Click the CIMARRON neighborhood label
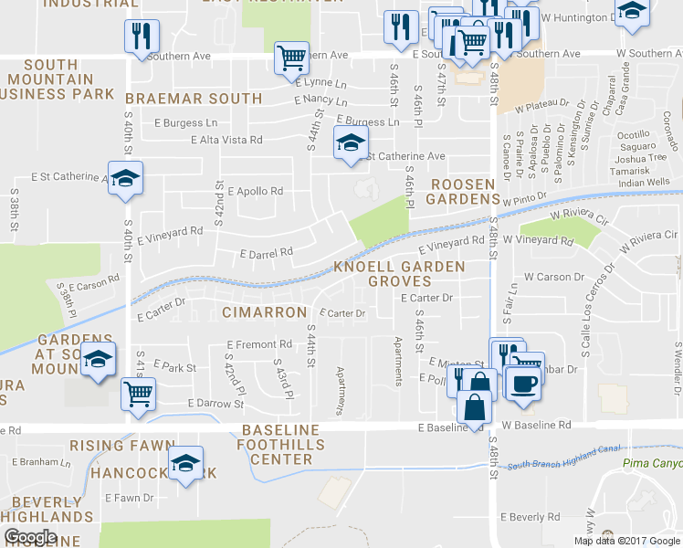tap(264, 312)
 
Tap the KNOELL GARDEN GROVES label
tap(399, 273)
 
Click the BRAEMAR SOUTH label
tap(194, 98)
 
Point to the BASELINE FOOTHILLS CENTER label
tap(281, 444)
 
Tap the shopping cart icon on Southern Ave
tap(291, 58)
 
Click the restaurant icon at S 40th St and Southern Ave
tap(142, 36)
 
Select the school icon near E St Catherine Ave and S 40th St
tap(125, 178)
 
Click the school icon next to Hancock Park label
tap(185, 464)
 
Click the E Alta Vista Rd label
tap(226, 140)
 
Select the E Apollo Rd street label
tap(256, 192)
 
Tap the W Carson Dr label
tap(553, 276)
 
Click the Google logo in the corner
tap(30, 538)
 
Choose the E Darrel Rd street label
tap(266, 252)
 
